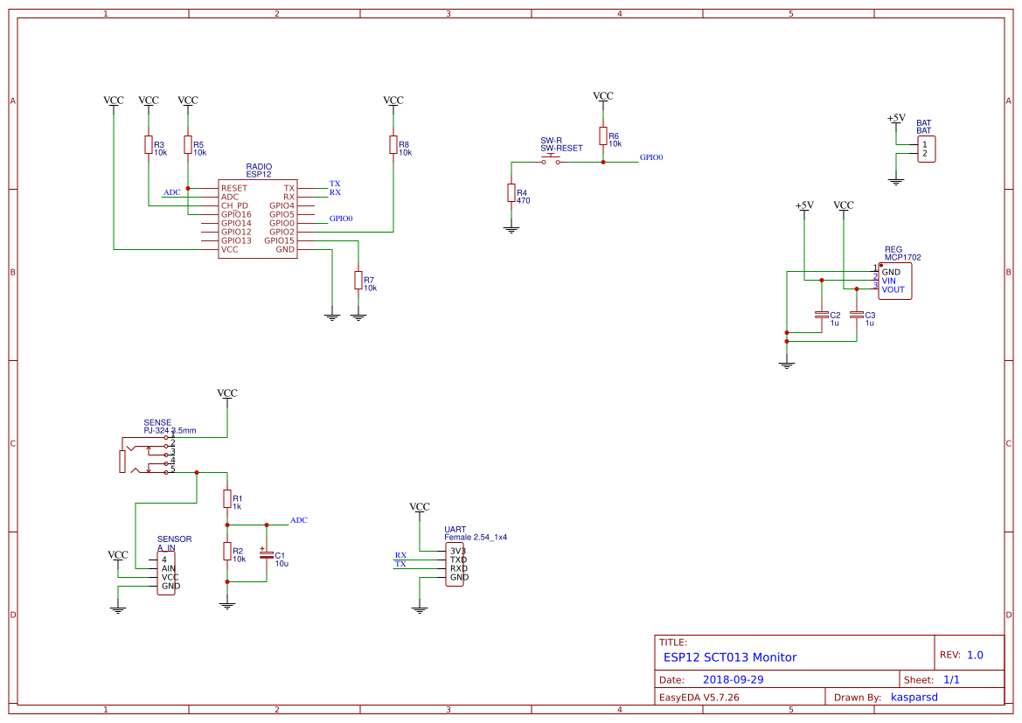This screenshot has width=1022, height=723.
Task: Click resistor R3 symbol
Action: tap(149, 144)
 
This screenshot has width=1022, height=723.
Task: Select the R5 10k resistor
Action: tap(188, 144)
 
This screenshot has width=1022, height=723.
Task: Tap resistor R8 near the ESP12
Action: tap(393, 144)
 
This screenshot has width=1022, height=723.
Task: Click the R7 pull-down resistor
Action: tap(358, 280)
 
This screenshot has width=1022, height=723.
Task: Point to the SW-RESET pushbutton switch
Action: tap(551, 161)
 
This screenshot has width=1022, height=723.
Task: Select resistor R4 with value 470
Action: tap(511, 193)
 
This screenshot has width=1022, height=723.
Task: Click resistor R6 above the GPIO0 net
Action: tap(603, 136)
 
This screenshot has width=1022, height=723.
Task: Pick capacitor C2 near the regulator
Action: tap(821, 315)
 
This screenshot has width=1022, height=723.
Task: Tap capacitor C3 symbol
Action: tap(857, 315)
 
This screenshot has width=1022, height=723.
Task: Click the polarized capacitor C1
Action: tap(267, 555)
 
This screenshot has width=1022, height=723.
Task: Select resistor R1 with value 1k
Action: tap(227, 498)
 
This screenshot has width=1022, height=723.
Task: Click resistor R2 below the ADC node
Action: tap(227, 551)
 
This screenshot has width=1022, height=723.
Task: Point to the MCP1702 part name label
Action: tap(902, 258)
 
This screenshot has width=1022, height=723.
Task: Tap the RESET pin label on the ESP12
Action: tap(234, 188)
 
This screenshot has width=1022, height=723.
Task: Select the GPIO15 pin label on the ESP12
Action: tap(282, 240)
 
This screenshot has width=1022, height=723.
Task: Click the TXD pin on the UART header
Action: tap(458, 560)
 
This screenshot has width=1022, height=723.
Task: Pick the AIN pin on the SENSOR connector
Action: tap(168, 568)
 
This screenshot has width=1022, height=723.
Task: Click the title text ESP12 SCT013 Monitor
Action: tap(729, 657)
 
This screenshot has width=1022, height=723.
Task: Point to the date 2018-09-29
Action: tap(733, 679)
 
